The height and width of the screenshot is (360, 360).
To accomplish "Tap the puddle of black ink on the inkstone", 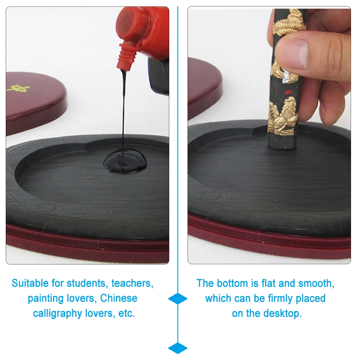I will coord(125,163).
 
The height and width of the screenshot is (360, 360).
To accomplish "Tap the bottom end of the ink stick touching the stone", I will coord(282,146).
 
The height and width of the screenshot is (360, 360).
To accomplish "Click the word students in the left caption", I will coord(86,283).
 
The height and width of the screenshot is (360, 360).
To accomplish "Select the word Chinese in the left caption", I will coord(119,298).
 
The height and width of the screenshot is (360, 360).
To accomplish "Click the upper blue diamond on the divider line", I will coord(178,299).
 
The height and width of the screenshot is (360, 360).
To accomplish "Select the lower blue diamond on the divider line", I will coord(178,348).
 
